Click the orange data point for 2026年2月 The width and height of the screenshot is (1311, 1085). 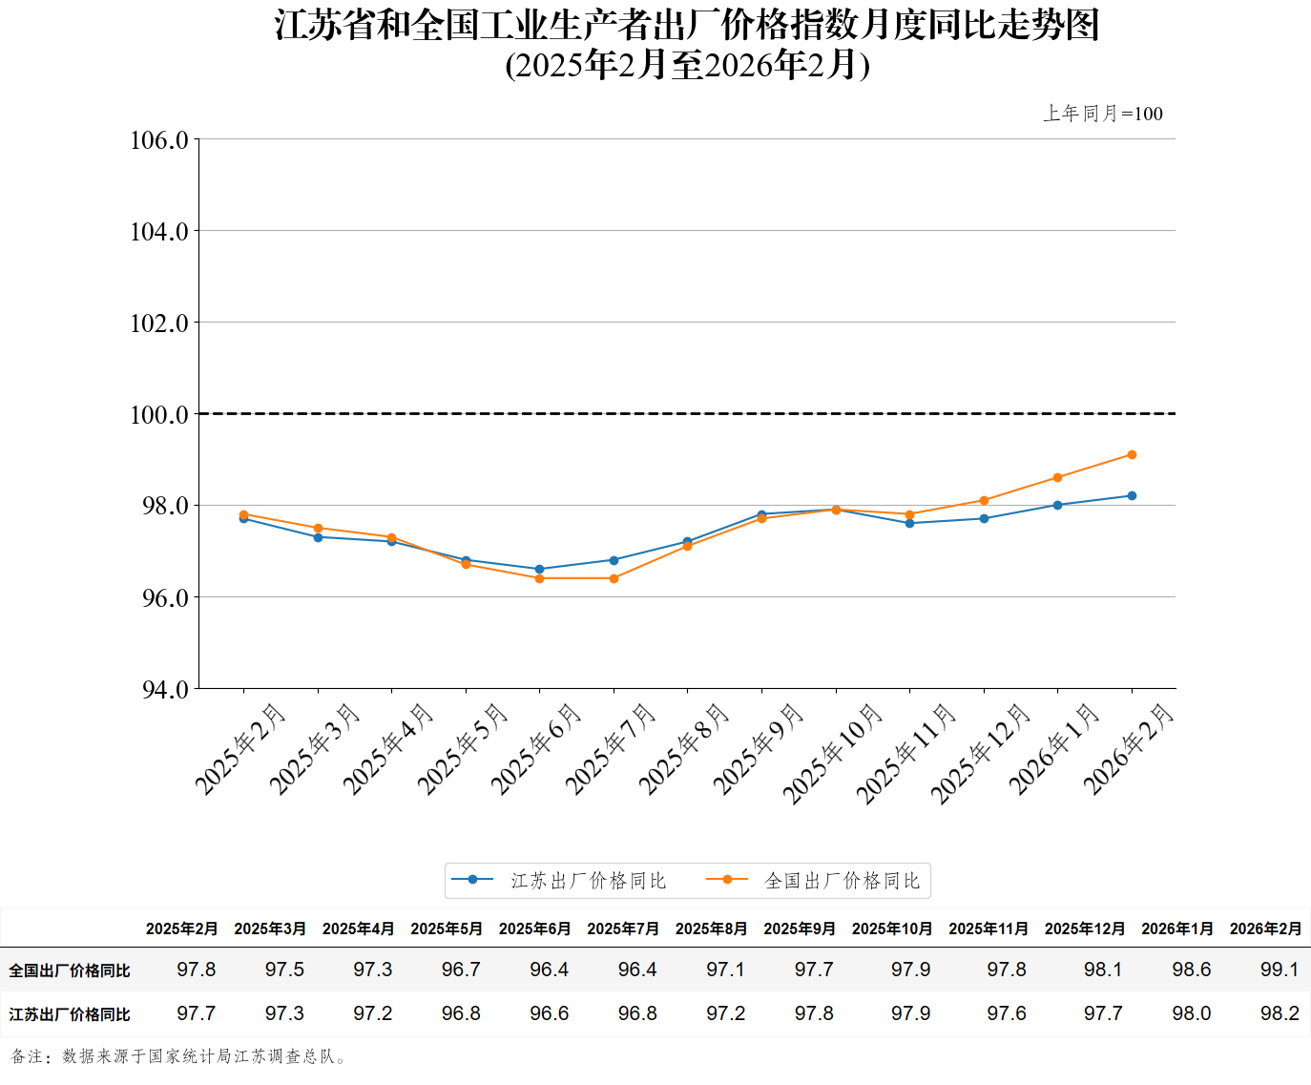pos(1132,454)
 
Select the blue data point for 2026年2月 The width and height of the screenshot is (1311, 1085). pos(1132,496)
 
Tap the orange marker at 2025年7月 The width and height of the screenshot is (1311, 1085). pos(614,578)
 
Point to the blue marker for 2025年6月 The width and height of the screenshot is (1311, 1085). pos(540,569)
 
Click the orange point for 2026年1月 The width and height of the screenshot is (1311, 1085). pos(1057,477)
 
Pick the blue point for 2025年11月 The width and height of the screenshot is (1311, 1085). pos(909,523)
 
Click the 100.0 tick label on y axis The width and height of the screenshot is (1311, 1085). pos(159,414)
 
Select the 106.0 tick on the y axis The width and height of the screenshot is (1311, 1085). pos(159,140)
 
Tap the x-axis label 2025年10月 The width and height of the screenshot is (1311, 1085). pos(833,753)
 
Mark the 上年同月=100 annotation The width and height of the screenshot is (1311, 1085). pos(1103,114)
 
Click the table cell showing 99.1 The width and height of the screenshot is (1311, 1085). pos(1279,970)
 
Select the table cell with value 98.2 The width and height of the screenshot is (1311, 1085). pos(1279,1013)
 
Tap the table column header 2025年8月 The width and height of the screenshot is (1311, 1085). pos(711,929)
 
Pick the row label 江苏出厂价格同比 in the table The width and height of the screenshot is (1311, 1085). pos(70,1014)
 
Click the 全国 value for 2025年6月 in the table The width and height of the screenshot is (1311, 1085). pos(549,970)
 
